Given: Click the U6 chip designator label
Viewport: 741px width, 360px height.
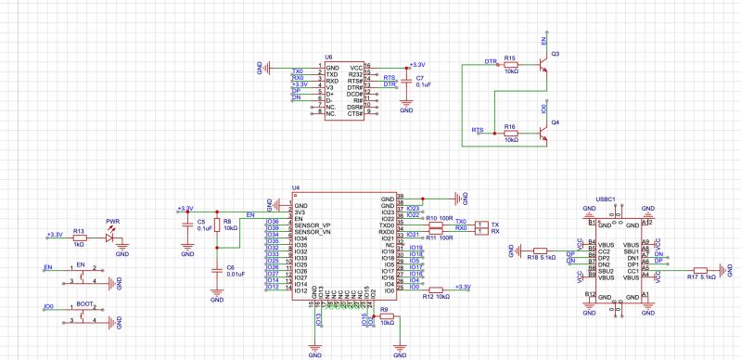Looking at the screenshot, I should tap(328, 57).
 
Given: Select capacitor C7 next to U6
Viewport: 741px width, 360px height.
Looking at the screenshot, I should tap(405, 83).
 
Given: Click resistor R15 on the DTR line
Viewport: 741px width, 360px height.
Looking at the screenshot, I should tap(511, 64).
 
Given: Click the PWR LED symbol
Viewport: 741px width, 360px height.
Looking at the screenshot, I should tap(111, 238).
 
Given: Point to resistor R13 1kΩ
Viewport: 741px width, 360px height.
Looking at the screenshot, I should tap(79, 238).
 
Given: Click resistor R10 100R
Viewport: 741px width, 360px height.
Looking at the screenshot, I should tap(432, 225).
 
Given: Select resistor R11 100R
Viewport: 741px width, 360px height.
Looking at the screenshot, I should tap(432, 231).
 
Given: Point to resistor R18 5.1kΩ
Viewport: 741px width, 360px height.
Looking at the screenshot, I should tap(541, 250).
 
